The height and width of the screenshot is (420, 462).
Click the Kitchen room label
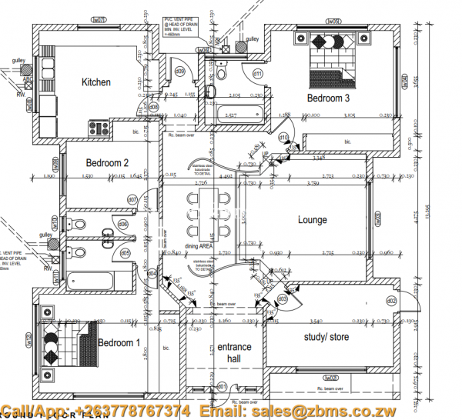tap(96, 82)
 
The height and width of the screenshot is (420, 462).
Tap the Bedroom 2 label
tap(107, 162)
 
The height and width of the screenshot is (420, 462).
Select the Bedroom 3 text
tap(328, 98)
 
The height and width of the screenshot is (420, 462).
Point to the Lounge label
tap(313, 220)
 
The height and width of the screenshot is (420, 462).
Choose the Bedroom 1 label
tap(119, 342)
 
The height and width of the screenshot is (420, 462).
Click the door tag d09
tap(180, 71)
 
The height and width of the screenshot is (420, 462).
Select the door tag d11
tap(258, 73)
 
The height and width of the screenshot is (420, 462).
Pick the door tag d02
tap(391, 300)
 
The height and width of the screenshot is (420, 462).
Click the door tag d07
tap(132, 200)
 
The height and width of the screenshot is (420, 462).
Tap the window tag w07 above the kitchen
tap(98, 20)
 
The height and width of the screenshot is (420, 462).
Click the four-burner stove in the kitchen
tap(99, 127)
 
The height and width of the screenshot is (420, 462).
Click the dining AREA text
tap(199, 246)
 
